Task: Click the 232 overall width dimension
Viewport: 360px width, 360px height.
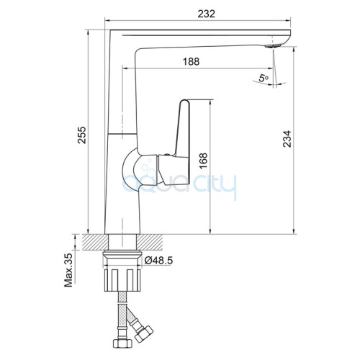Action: pyautogui.click(x=206, y=14)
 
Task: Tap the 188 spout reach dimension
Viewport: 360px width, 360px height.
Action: pyautogui.click(x=192, y=61)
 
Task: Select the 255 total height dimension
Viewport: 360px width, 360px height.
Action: pyautogui.click(x=82, y=135)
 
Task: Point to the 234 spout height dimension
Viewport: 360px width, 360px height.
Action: pyautogui.click(x=287, y=139)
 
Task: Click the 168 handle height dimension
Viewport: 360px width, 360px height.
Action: pyautogui.click(x=203, y=161)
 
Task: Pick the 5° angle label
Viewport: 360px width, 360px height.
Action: pyautogui.click(x=264, y=78)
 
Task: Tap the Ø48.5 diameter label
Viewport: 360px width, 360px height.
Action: pyautogui.click(x=159, y=261)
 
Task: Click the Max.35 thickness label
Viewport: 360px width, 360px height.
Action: pyautogui.click(x=69, y=270)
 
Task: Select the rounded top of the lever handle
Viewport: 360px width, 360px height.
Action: pyautogui.click(x=184, y=102)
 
